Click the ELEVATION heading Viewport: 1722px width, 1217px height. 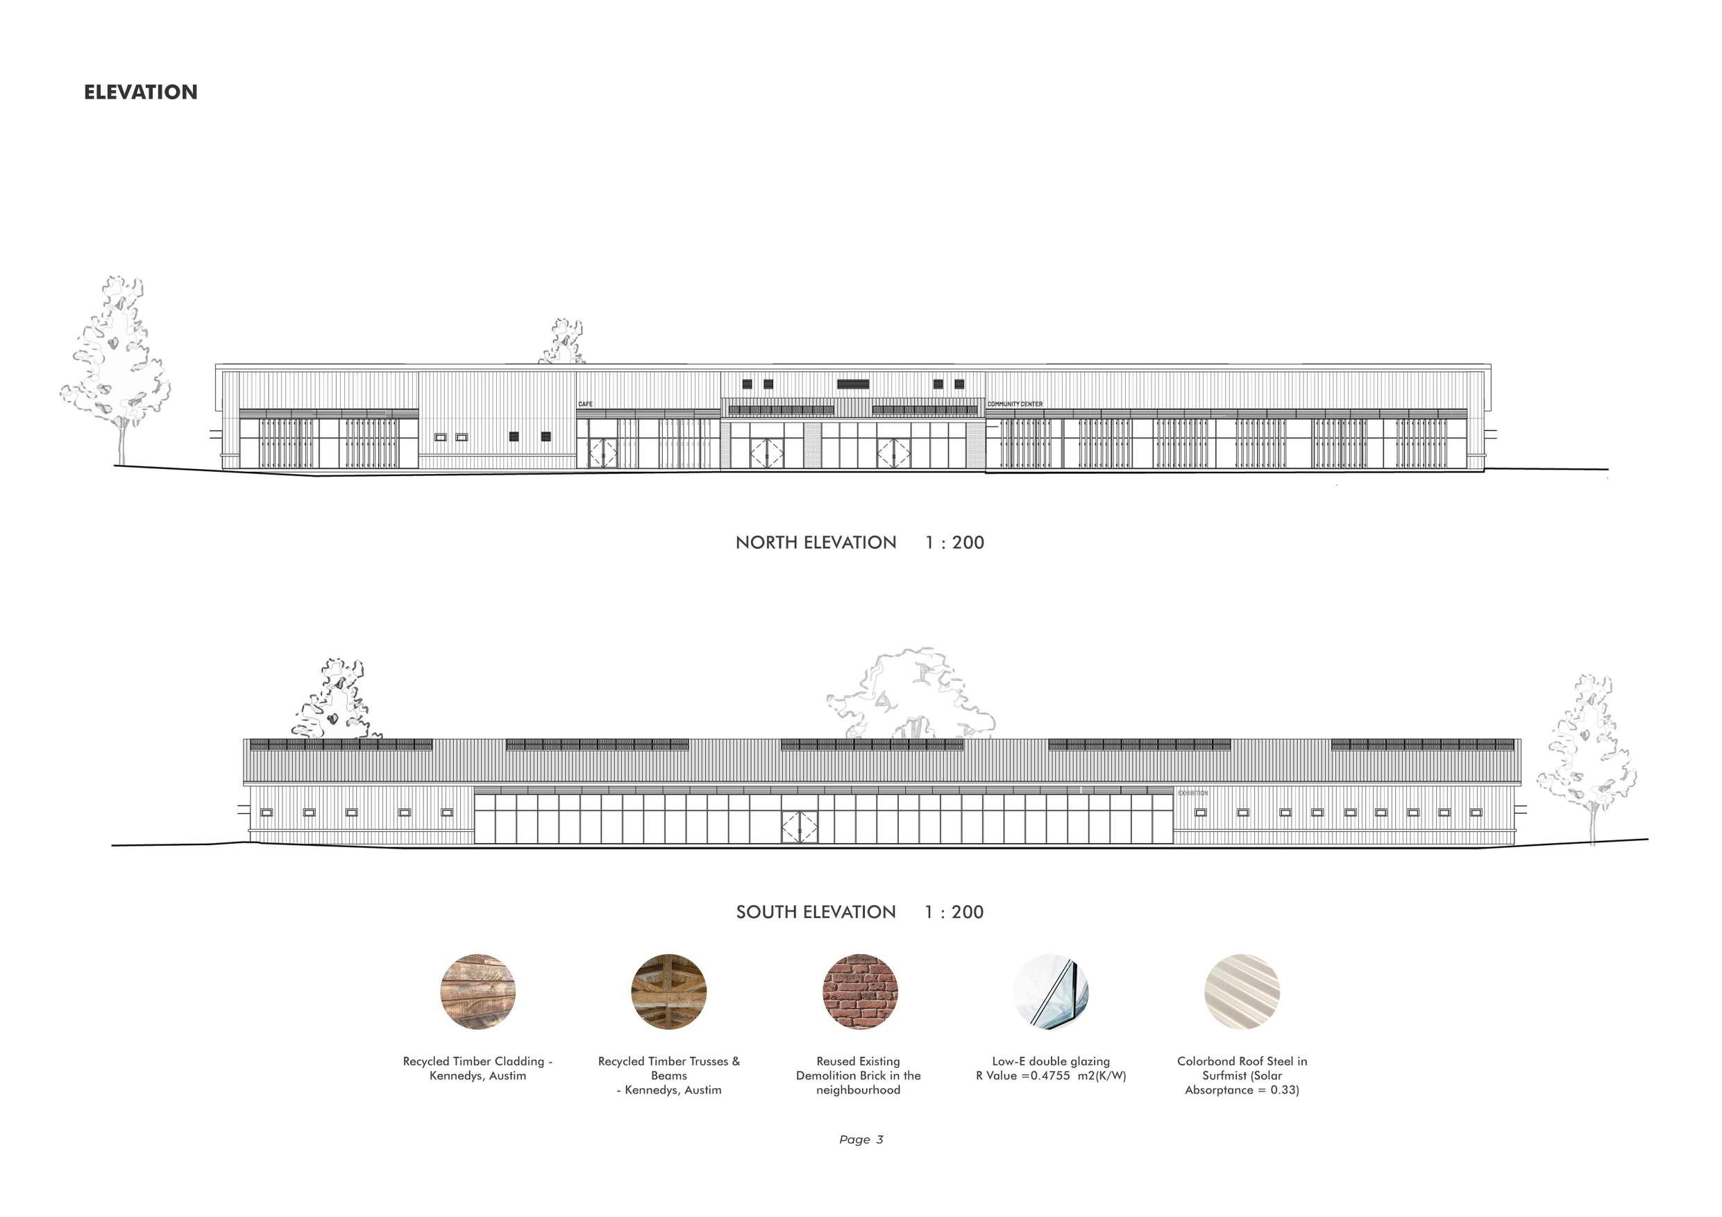click(140, 92)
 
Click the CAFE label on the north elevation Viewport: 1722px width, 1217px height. click(585, 405)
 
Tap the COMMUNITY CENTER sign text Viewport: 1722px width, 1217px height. click(1015, 405)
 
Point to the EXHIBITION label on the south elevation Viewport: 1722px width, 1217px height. click(1192, 792)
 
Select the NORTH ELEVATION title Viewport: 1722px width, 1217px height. click(816, 542)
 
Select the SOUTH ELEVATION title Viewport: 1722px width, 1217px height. click(816, 912)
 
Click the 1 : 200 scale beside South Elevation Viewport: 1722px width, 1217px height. click(954, 912)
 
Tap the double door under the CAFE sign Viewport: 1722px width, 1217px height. click(602, 453)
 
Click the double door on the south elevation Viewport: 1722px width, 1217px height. click(800, 826)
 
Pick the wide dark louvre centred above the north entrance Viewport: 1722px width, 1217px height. click(853, 384)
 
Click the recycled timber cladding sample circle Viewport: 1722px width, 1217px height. click(478, 992)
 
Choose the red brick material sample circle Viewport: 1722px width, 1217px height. click(859, 992)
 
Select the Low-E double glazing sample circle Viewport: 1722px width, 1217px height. click(1051, 992)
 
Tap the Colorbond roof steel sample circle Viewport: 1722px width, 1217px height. click(1242, 992)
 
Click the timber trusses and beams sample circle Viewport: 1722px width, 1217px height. click(669, 992)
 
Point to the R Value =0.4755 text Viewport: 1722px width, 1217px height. click(1050, 1075)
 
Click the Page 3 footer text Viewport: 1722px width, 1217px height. click(861, 1139)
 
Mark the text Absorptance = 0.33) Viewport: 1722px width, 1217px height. click(1242, 1089)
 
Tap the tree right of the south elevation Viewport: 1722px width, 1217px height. click(1589, 758)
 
